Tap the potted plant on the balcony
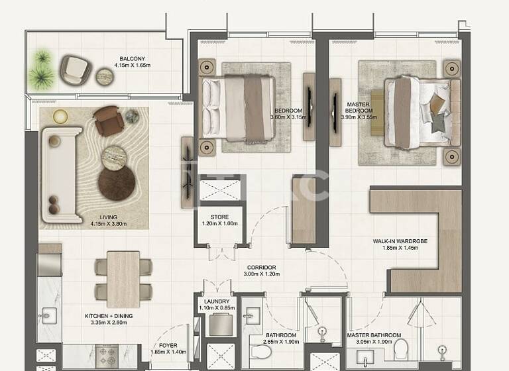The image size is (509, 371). coord(43,67)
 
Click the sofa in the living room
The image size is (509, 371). coord(60,174)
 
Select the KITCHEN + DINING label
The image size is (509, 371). coord(109,316)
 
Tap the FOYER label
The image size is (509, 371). coord(168,345)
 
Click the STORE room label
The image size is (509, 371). coord(219,217)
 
